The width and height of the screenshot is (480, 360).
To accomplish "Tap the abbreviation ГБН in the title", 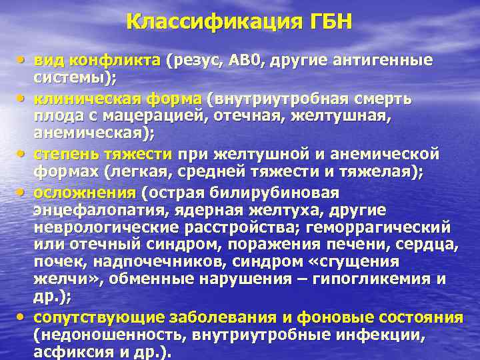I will click(326, 22).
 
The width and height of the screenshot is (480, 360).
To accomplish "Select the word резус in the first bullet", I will click(197, 61).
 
